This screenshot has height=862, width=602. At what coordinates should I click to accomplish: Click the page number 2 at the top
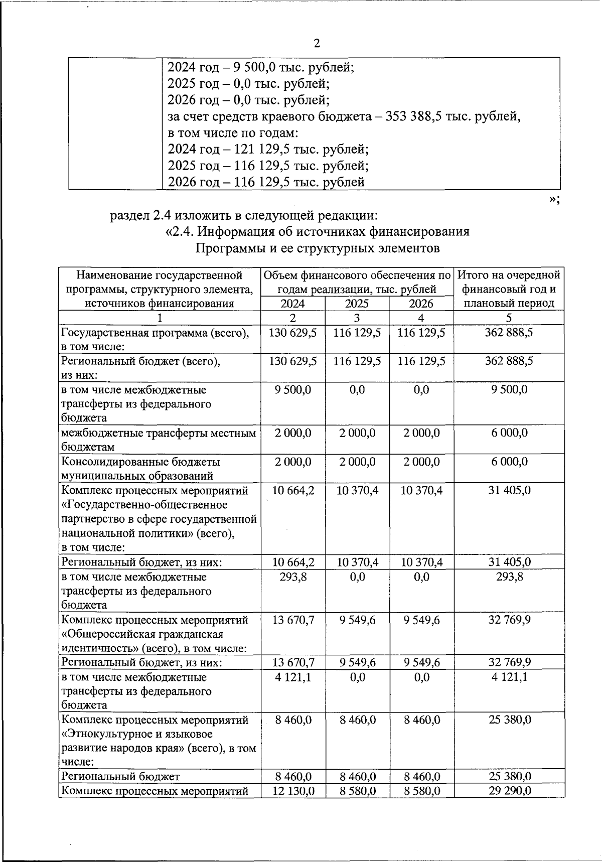tap(316, 43)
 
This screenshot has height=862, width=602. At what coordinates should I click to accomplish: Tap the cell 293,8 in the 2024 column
tap(293, 577)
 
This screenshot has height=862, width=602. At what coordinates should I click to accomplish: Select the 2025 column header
tap(357, 304)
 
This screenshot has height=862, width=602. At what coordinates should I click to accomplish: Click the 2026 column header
tap(421, 304)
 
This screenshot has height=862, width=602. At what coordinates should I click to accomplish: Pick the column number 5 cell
tap(509, 318)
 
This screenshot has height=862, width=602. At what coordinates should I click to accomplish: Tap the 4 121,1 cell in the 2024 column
tap(293, 677)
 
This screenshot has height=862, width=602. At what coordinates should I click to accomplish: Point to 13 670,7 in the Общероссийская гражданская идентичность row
tap(293, 620)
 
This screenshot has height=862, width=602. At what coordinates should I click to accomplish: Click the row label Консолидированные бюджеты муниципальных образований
tap(140, 469)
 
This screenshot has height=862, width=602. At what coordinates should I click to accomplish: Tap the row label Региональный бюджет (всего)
tap(140, 361)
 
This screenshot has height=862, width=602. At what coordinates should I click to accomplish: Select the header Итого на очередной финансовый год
tap(509, 282)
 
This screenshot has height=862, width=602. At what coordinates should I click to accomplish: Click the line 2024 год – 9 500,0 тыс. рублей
tap(261, 67)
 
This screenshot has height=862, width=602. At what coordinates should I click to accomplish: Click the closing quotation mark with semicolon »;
tap(554, 200)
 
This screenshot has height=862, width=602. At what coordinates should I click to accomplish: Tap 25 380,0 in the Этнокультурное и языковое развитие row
tap(509, 720)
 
